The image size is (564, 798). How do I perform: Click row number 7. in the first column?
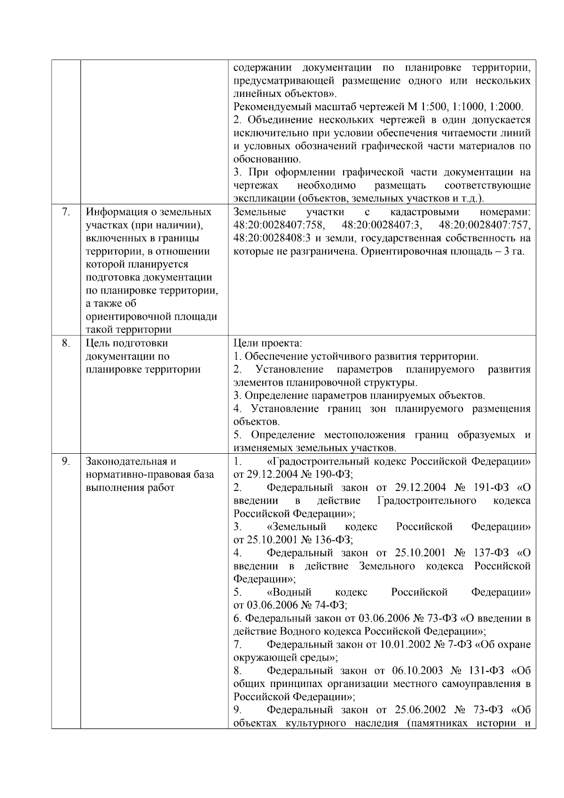(x=66, y=212)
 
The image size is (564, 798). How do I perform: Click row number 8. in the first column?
(x=66, y=343)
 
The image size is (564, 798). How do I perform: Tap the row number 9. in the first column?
(x=66, y=461)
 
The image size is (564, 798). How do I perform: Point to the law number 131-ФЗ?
(x=485, y=670)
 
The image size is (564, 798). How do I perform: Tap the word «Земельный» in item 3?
(x=297, y=527)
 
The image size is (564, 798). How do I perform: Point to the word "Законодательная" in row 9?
(x=124, y=461)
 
